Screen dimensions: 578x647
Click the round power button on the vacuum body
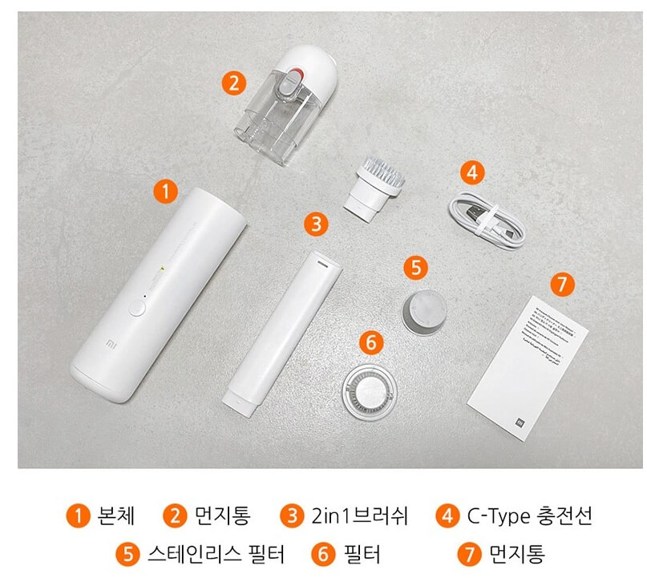pyautogui.click(x=138, y=305)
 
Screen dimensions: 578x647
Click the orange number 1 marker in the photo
pyautogui.click(x=164, y=192)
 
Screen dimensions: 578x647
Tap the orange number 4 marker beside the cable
pyautogui.click(x=473, y=172)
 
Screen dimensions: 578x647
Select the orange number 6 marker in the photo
pyautogui.click(x=370, y=342)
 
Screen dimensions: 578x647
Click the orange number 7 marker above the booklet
pyautogui.click(x=563, y=283)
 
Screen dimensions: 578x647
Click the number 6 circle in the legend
pyautogui.click(x=321, y=554)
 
